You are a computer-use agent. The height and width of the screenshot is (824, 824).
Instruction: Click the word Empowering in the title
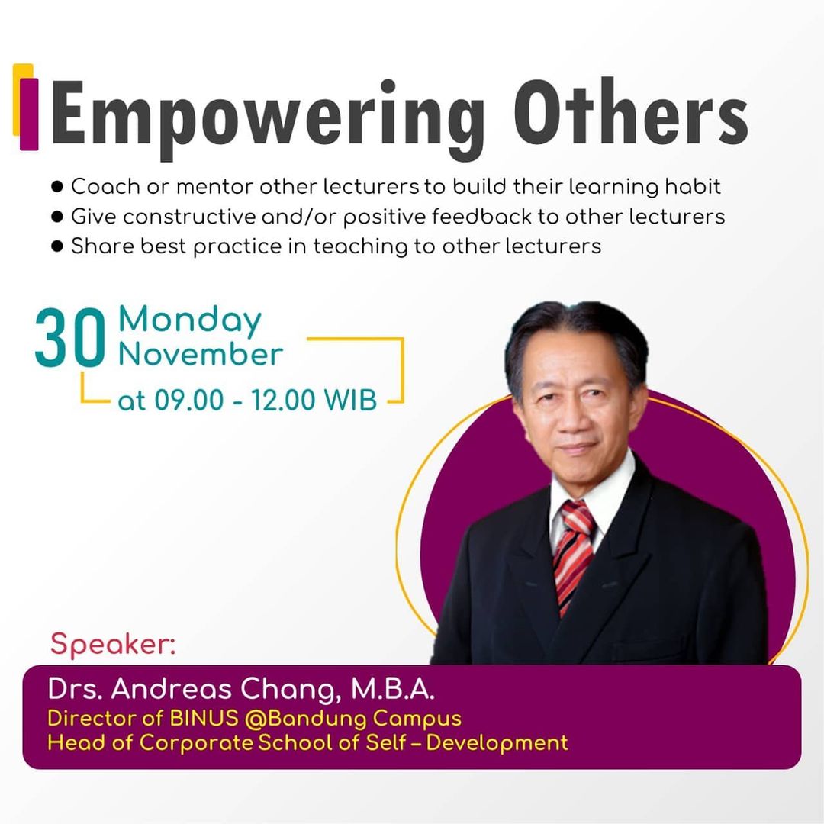click(268, 119)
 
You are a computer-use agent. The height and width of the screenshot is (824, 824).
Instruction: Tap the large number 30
click(70, 337)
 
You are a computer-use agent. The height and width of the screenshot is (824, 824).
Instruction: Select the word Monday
click(190, 320)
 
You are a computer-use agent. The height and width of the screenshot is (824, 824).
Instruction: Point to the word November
click(200, 354)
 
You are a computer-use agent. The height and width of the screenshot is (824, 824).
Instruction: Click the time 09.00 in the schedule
click(188, 400)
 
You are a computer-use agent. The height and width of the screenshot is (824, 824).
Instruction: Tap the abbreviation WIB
click(350, 400)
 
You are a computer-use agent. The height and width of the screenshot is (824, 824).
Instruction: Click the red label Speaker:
click(113, 644)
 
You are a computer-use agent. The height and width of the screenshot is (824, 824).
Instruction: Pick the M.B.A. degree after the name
click(393, 689)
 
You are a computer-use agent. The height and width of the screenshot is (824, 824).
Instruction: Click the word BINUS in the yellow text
click(204, 719)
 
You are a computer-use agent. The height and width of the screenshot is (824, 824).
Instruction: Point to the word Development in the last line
click(497, 744)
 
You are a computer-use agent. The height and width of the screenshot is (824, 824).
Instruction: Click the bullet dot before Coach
click(57, 187)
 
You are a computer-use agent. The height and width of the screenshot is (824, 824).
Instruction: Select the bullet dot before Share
click(57, 246)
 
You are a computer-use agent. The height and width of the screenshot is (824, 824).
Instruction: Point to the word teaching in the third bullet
click(360, 247)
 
